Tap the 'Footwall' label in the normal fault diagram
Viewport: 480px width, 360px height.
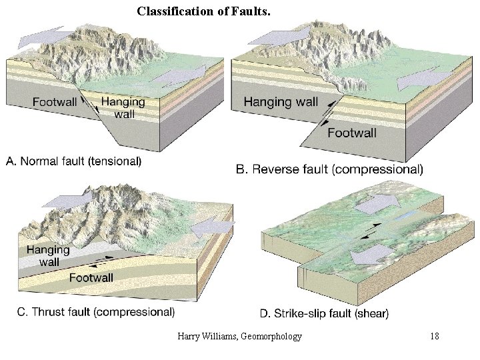click(55, 103)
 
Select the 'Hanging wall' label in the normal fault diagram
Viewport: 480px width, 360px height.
click(124, 107)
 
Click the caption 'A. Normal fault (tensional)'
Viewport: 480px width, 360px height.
click(73, 161)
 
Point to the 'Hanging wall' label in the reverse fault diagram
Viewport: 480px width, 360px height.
click(281, 102)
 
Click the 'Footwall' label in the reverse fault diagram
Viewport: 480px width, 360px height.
click(351, 133)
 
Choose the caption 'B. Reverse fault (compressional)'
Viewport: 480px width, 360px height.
click(329, 169)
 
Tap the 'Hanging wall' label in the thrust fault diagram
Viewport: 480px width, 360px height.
click(47, 256)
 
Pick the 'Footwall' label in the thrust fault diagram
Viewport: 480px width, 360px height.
click(91, 277)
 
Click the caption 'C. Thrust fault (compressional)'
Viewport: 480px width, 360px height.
click(94, 311)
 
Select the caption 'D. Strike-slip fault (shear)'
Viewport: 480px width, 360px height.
click(324, 313)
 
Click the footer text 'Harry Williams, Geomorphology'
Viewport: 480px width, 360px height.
click(239, 337)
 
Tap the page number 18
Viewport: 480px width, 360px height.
click(435, 337)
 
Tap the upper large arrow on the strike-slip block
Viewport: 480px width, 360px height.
click(375, 203)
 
